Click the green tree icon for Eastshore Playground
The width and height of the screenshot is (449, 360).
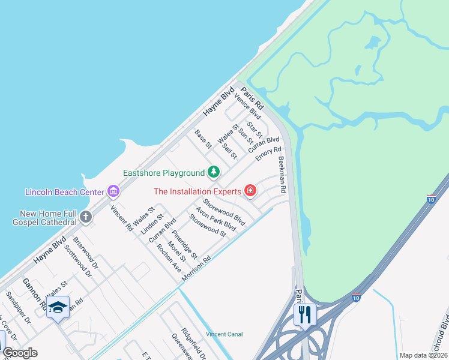213,173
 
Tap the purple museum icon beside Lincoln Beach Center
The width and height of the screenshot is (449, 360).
113,192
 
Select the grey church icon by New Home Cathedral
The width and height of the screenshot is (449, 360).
86,217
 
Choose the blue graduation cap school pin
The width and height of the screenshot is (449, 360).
58,307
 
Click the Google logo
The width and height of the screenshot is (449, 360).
20,353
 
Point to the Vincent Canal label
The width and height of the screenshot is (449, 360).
224,334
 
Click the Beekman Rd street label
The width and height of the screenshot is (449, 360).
282,175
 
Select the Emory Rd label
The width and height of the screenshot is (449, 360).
268,154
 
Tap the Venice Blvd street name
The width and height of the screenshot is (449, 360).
247,106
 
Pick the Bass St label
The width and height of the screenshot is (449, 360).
203,139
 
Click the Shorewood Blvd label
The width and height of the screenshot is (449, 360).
224,212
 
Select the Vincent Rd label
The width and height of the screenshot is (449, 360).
121,219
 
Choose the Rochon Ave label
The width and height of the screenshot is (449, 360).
169,258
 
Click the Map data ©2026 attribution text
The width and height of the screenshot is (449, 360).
423,355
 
